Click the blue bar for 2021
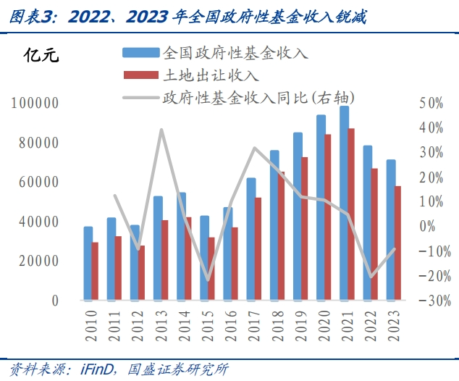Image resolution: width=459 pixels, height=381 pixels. (345, 203)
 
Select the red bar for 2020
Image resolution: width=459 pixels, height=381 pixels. (328, 217)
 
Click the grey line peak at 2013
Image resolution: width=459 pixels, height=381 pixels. (161, 130)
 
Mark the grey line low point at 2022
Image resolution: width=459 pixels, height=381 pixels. (372, 276)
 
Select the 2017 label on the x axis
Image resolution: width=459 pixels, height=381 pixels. (253, 323)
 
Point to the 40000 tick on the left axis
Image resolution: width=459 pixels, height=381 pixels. (38, 222)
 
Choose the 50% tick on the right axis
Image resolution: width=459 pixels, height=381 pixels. (431, 104)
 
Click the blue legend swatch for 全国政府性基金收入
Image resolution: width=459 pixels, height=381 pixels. (140, 52)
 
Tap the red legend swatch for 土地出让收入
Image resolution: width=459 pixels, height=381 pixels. (140, 75)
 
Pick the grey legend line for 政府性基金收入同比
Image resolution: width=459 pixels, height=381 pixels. (140, 96)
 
